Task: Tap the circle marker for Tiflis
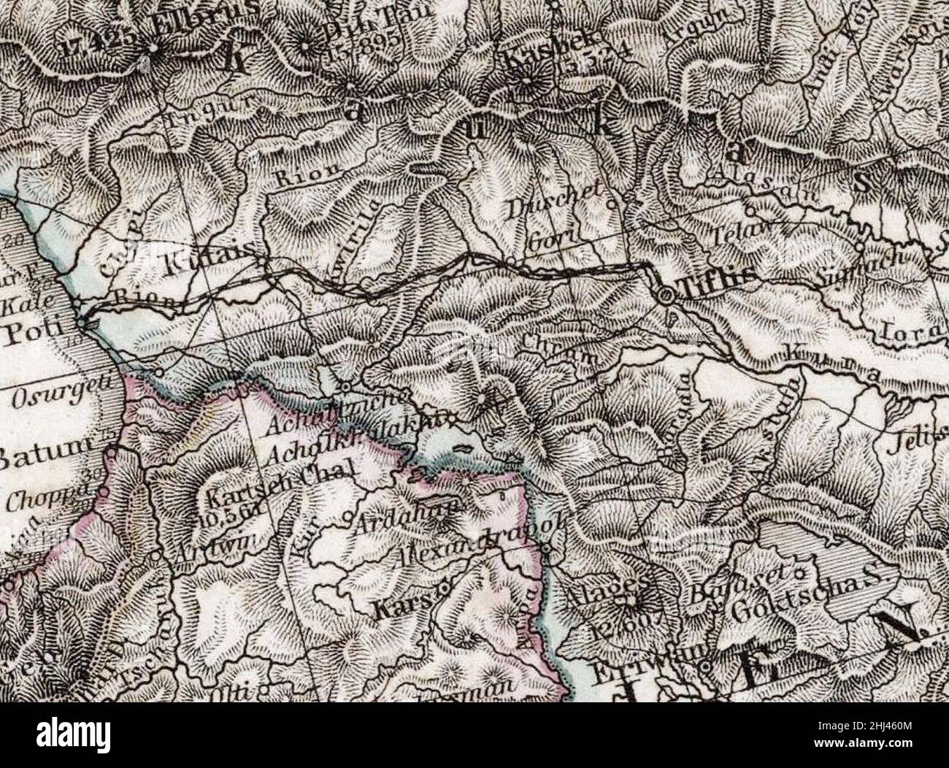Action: point(666,295)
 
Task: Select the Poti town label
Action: point(31,334)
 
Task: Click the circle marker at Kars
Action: point(444,588)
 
